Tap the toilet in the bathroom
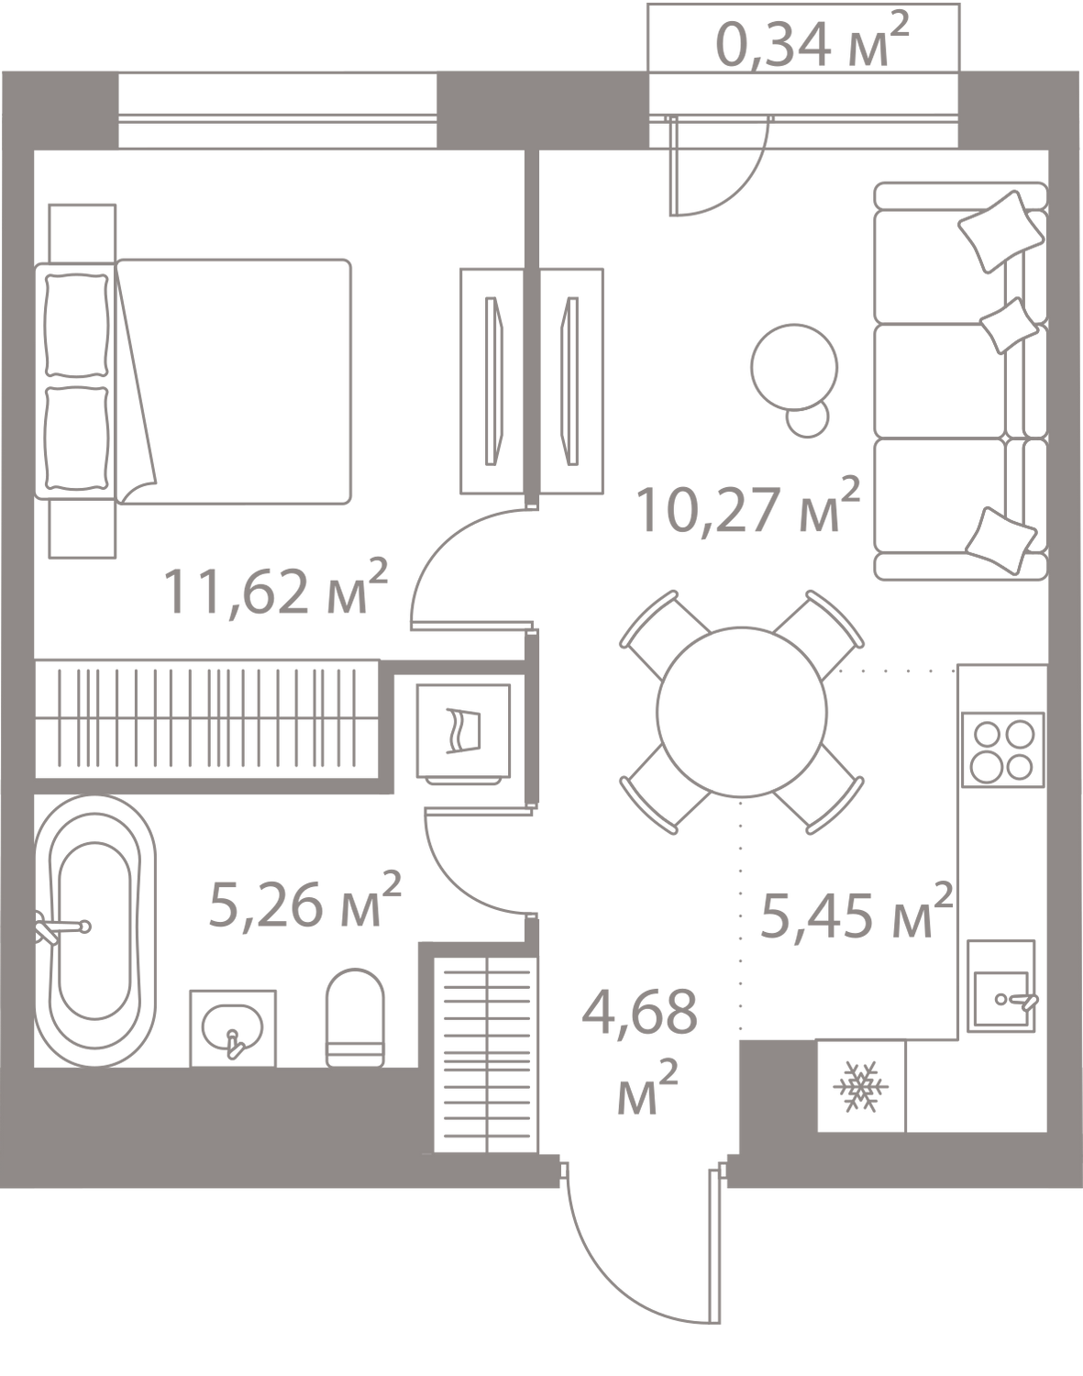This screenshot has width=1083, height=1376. click(356, 1016)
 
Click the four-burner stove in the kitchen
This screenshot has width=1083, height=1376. click(1002, 749)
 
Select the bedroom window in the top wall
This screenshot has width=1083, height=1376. click(277, 111)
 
